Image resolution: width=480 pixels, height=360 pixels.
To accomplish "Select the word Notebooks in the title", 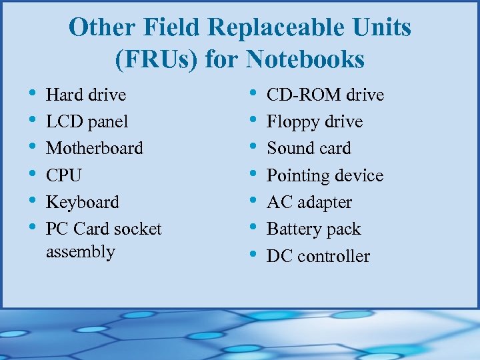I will pyautogui.click(x=305, y=60).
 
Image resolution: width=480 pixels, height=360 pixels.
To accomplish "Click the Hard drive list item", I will pyautogui.click(x=86, y=95).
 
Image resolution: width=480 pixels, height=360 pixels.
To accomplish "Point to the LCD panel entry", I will pyautogui.click(x=87, y=122).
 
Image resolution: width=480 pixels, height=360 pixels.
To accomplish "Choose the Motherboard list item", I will pyautogui.click(x=95, y=148).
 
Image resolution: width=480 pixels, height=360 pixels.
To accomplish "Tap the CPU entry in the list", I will pyautogui.click(x=64, y=175).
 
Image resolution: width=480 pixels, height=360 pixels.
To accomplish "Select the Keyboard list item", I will pyautogui.click(x=83, y=202).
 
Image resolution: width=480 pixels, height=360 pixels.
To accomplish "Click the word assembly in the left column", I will pyautogui.click(x=81, y=252).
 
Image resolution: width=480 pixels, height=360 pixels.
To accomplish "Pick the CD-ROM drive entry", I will pyautogui.click(x=325, y=95).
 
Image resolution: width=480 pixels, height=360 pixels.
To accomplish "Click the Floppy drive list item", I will pyautogui.click(x=315, y=122).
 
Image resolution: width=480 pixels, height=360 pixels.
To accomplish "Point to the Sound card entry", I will pyautogui.click(x=309, y=148).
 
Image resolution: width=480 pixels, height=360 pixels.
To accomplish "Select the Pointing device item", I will pyautogui.click(x=325, y=175).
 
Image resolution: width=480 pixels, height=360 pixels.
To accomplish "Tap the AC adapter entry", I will pyautogui.click(x=309, y=202).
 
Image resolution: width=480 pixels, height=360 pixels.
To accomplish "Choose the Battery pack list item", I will pyautogui.click(x=313, y=229).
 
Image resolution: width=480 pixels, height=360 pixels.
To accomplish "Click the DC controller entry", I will pyautogui.click(x=318, y=256).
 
